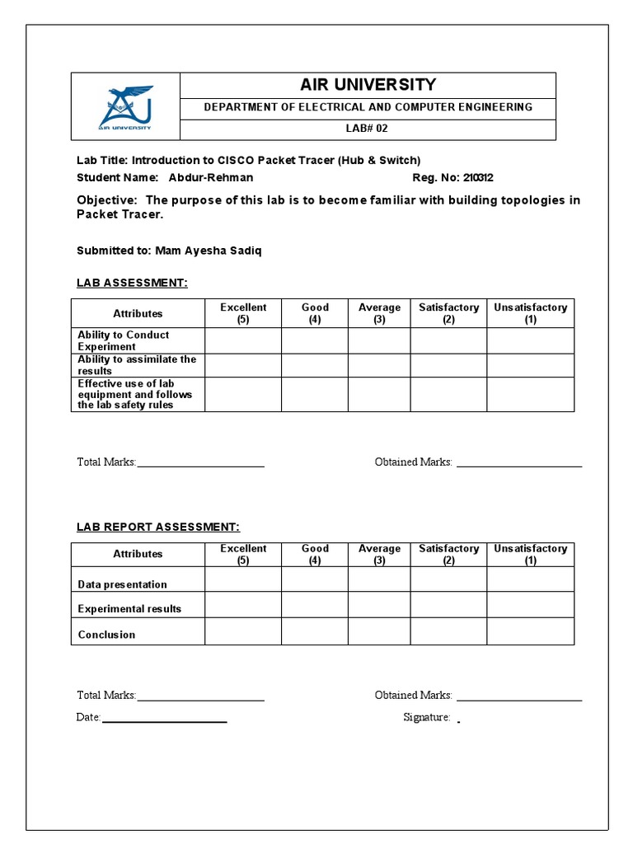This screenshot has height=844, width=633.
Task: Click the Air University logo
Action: pyautogui.click(x=125, y=107)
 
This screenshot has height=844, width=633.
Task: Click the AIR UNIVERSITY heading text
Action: pyautogui.click(x=368, y=85)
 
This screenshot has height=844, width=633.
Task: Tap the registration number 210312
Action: pyautogui.click(x=478, y=177)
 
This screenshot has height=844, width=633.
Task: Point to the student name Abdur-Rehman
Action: pyautogui.click(x=211, y=177)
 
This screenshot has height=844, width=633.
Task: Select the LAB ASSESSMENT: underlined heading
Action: pyautogui.click(x=132, y=283)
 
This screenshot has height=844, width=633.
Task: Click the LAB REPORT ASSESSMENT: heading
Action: pyautogui.click(x=158, y=527)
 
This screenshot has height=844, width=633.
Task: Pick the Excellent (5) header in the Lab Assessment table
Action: pyautogui.click(x=243, y=313)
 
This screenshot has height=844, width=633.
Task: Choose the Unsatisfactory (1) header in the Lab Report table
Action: pyautogui.click(x=530, y=554)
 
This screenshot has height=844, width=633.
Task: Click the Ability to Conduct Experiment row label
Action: pyautogui.click(x=124, y=340)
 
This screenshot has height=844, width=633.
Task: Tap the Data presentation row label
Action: pyautogui.click(x=122, y=584)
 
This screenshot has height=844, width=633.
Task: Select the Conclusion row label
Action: pyautogui.click(x=106, y=635)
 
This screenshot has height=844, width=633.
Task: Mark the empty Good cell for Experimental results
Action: pyautogui.click(x=314, y=605)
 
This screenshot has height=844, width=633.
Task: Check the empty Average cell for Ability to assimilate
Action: pyautogui.click(x=378, y=365)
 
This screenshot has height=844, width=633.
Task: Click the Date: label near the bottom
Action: pyautogui.click(x=88, y=717)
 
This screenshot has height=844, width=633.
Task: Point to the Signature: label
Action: pyautogui.click(x=426, y=717)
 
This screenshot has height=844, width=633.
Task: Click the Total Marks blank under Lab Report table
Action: pyautogui.click(x=200, y=696)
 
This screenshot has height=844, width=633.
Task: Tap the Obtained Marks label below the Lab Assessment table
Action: pyautogui.click(x=413, y=462)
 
